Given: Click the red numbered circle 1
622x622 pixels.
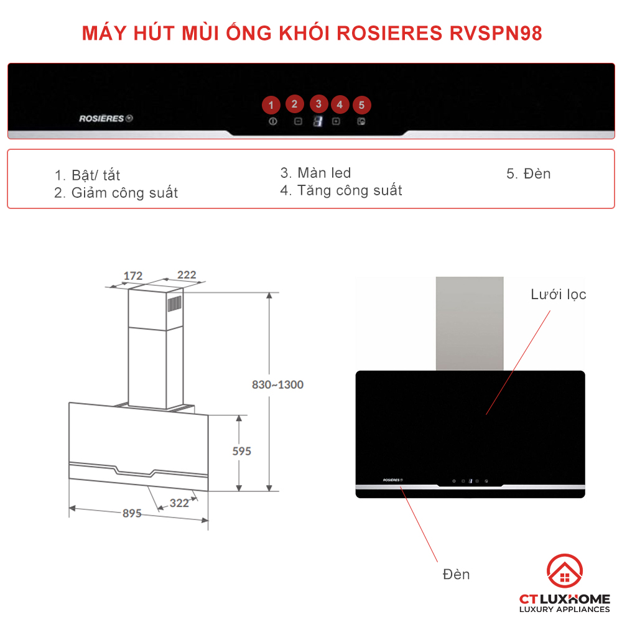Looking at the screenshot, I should point(271,104).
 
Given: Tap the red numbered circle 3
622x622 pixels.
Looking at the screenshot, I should point(318,104).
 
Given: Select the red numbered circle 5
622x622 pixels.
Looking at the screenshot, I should point(361,105).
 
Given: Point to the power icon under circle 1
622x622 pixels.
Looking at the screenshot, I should point(272,121).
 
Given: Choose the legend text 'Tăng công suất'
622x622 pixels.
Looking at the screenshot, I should point(349,190).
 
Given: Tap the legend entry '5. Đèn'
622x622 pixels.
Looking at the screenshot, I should point(528,174).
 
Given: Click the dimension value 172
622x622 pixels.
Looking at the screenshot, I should point(133,276).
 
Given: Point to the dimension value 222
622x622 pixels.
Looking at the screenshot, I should point(187,275).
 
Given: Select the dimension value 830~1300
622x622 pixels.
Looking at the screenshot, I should point(277,384).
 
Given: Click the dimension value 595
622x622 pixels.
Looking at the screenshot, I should point(241,451).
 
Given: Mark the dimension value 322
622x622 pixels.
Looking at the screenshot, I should point(179,503).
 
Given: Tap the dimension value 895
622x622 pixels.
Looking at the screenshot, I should point(132,513).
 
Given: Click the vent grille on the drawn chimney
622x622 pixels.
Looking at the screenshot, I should point(174,304).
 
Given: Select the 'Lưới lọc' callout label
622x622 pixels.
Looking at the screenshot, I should point(558,294).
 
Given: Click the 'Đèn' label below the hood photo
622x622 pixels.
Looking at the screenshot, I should point(456,574).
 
